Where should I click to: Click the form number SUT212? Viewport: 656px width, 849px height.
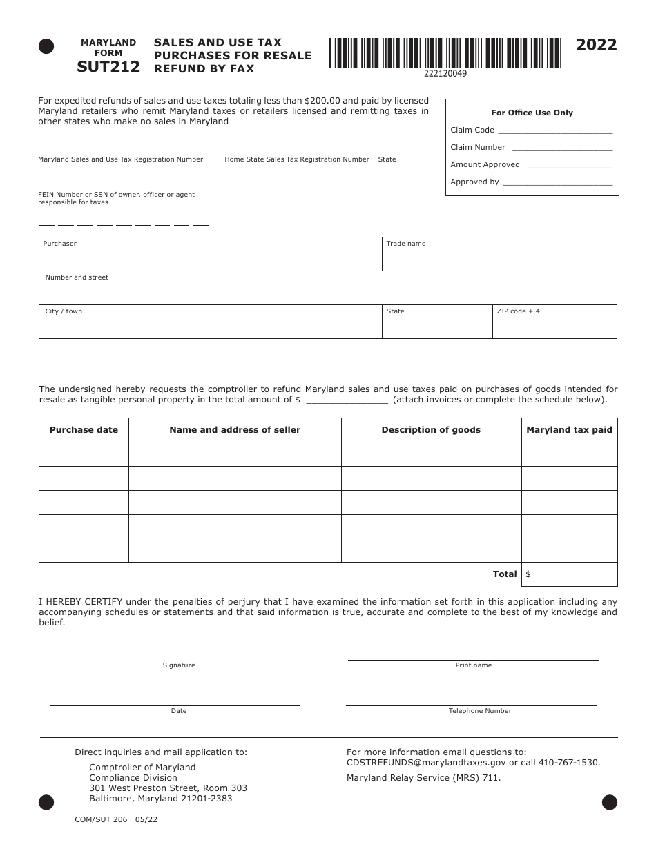pyautogui.click(x=108, y=66)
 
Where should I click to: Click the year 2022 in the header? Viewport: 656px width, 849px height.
pyautogui.click(x=597, y=46)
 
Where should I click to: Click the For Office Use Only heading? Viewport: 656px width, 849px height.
pyautogui.click(x=532, y=113)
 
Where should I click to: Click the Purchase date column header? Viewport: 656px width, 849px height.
pyautogui.click(x=84, y=430)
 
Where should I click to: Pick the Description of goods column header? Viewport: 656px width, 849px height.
pyautogui.click(x=431, y=430)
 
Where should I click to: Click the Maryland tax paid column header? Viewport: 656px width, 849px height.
pyautogui.click(x=569, y=430)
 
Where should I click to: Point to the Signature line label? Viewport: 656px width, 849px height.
pyautogui.click(x=179, y=665)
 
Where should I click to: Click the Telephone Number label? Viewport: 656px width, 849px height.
pyautogui.click(x=480, y=711)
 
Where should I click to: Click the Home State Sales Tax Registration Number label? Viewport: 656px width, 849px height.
pyautogui.click(x=297, y=159)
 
